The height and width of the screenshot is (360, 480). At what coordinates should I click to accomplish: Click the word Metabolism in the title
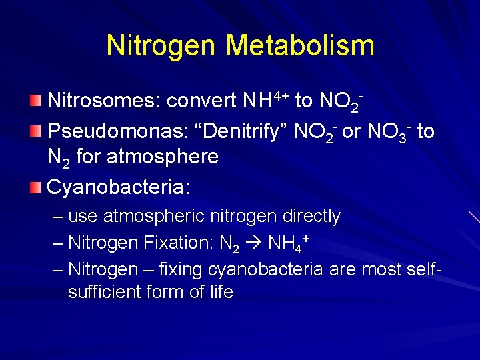[300, 46]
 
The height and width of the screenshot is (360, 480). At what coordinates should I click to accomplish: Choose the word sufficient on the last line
[109, 293]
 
